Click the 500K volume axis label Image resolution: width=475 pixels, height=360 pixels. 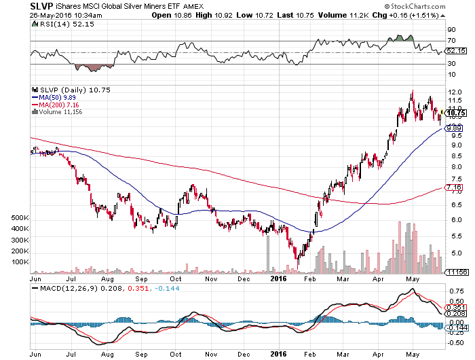20,217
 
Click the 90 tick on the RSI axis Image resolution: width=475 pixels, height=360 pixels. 450,30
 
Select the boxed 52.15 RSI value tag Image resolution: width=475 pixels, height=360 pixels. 455,50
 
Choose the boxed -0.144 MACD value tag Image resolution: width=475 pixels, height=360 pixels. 456,327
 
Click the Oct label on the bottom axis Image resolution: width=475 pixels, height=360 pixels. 176,278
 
